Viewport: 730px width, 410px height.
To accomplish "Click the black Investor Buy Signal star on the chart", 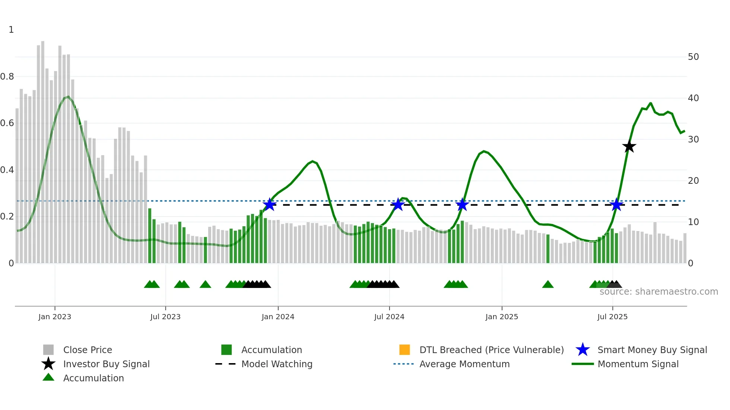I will pyautogui.click(x=629, y=147).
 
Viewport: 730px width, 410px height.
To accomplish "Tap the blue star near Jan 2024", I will pyautogui.click(x=270, y=205).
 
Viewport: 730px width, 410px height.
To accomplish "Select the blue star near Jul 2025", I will pyautogui.click(x=616, y=205).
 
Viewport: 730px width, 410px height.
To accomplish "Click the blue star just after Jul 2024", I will pyautogui.click(x=398, y=205).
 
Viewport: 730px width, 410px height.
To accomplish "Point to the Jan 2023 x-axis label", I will pyautogui.click(x=55, y=317).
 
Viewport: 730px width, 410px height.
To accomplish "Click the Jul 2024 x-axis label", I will pyautogui.click(x=389, y=317).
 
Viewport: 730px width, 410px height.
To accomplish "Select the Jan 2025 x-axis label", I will pyautogui.click(x=502, y=317).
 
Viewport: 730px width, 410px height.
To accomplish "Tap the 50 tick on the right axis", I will pyautogui.click(x=693, y=57).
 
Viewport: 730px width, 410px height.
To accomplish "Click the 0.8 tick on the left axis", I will pyautogui.click(x=7, y=77).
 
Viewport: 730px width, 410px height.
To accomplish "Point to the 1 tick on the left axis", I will pyautogui.click(x=11, y=30).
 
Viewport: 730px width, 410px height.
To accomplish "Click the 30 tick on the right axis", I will pyautogui.click(x=693, y=140).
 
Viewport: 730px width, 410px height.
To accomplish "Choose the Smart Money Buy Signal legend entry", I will pyautogui.click(x=652, y=350).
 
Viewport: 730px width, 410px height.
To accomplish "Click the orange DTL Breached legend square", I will pyautogui.click(x=404, y=350).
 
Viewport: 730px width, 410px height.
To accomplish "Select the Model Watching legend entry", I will pyautogui.click(x=277, y=364).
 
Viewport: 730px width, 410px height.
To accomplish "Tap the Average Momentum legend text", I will pyautogui.click(x=464, y=364).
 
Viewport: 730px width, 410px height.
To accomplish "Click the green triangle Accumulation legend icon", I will pyautogui.click(x=48, y=377).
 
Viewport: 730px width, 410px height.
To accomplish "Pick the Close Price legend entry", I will pyautogui.click(x=88, y=350).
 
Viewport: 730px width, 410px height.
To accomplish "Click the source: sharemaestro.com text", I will pyautogui.click(x=658, y=292).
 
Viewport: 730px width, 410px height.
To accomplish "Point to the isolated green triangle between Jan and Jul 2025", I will pyautogui.click(x=547, y=285).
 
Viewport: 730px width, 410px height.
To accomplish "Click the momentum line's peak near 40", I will pyautogui.click(x=650, y=103).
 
